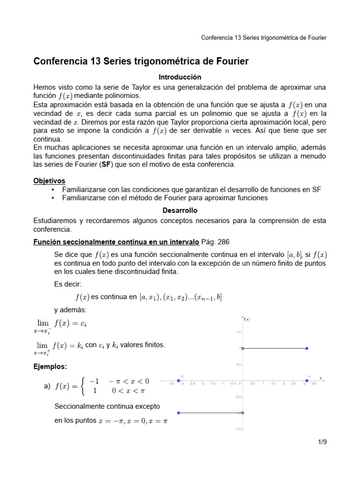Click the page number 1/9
tap(321, 442)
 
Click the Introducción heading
tap(180, 77)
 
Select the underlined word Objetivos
tap(49, 180)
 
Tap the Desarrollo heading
tap(180, 210)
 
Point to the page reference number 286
tap(223, 242)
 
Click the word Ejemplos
tap(50, 366)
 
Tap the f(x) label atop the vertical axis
tap(247, 320)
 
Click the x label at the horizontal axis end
tap(321, 377)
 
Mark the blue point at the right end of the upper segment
tap(307, 348)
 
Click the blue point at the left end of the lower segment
tap(179, 413)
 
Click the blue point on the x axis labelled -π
tap(179, 381)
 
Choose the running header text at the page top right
tap(263, 37)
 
